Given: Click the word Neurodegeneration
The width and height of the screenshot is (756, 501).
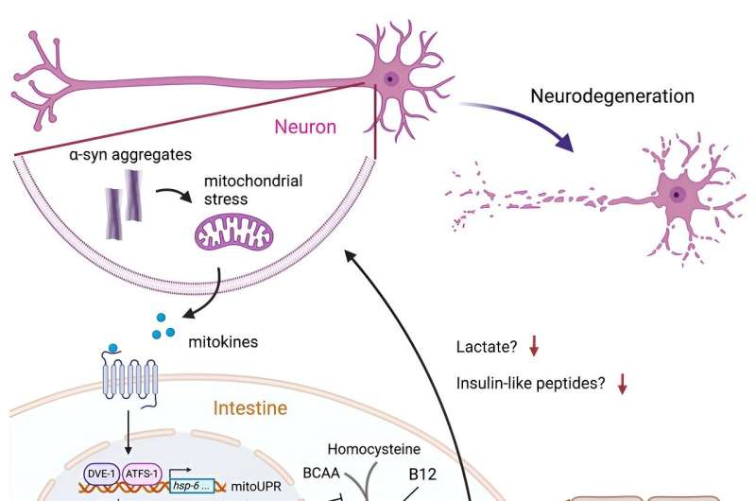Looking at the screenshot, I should pyautogui.click(x=611, y=95).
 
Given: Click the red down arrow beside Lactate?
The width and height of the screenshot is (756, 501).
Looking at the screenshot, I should pyautogui.click(x=534, y=347).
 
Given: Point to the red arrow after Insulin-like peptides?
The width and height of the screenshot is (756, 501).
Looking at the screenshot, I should pyautogui.click(x=622, y=384).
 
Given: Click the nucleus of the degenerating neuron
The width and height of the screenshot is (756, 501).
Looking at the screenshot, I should pyautogui.click(x=677, y=194).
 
